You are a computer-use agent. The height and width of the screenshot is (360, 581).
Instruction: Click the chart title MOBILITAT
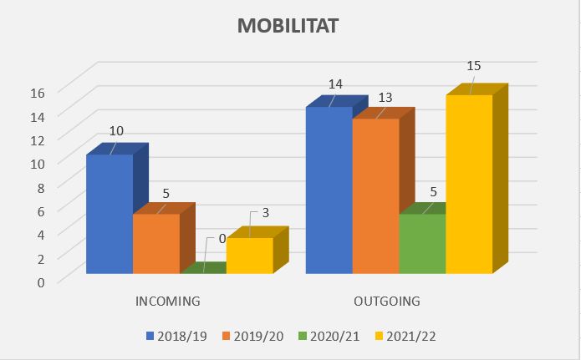pyautogui.click(x=289, y=26)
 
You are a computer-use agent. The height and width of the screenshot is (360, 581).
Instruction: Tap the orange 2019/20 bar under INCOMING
pyautogui.click(x=156, y=243)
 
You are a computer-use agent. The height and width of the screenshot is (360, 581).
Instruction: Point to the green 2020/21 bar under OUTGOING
pyautogui.click(x=422, y=243)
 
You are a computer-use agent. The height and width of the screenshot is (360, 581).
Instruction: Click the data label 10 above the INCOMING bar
pyautogui.click(x=117, y=131)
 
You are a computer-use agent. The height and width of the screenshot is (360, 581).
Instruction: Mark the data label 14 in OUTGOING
pyautogui.click(x=335, y=84)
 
